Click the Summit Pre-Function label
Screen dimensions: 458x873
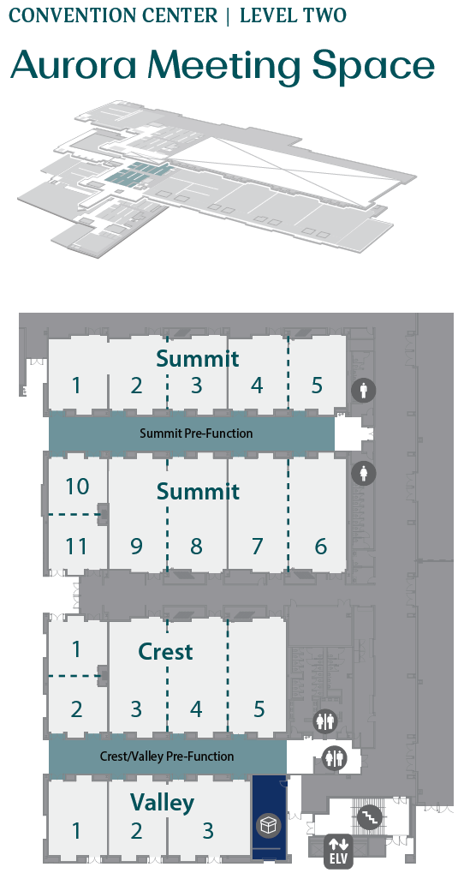click(196, 434)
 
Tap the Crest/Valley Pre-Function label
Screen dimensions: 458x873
click(167, 756)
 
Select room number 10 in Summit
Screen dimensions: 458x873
click(77, 487)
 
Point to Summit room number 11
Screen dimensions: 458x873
click(77, 547)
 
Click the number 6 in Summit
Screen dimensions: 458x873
click(320, 547)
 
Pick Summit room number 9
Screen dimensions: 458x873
click(136, 547)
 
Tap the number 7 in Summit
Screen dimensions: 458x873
click(257, 547)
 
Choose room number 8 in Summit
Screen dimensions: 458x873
click(196, 547)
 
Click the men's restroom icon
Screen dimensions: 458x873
click(363, 391)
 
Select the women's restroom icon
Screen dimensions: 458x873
click(363, 473)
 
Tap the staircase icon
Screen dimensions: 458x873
click(368, 816)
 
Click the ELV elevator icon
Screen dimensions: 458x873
click(338, 851)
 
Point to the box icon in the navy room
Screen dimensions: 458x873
click(268, 825)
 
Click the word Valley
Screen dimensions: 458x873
click(163, 802)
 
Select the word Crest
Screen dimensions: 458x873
click(165, 651)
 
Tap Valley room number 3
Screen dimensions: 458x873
click(207, 831)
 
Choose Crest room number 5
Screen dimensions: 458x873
click(259, 709)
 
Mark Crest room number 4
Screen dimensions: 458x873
click(196, 709)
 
